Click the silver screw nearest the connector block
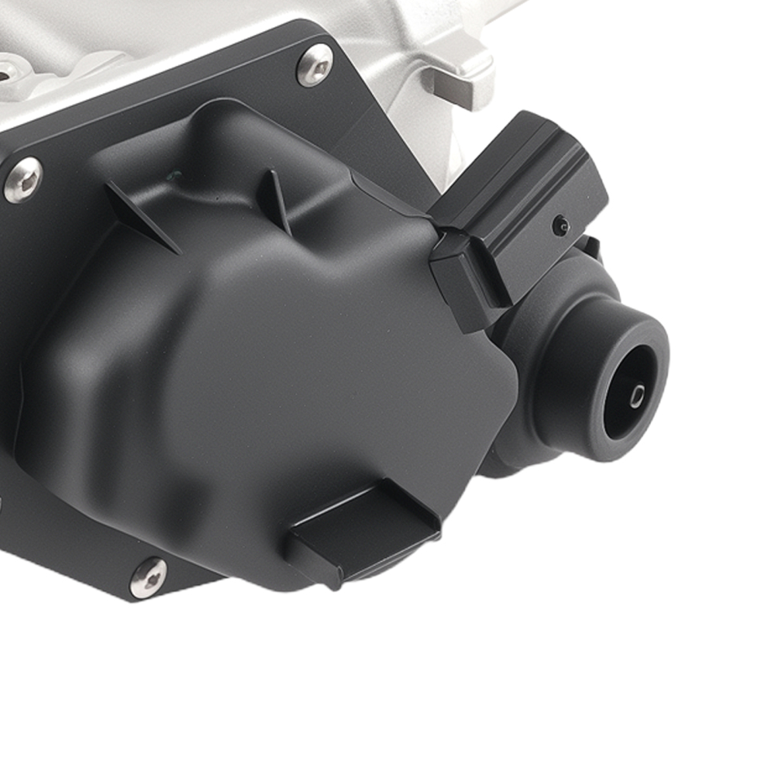click(x=314, y=65)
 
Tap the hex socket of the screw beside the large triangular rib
click(x=22, y=181)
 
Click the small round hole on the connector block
click(x=560, y=226)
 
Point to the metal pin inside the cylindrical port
click(x=636, y=397)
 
